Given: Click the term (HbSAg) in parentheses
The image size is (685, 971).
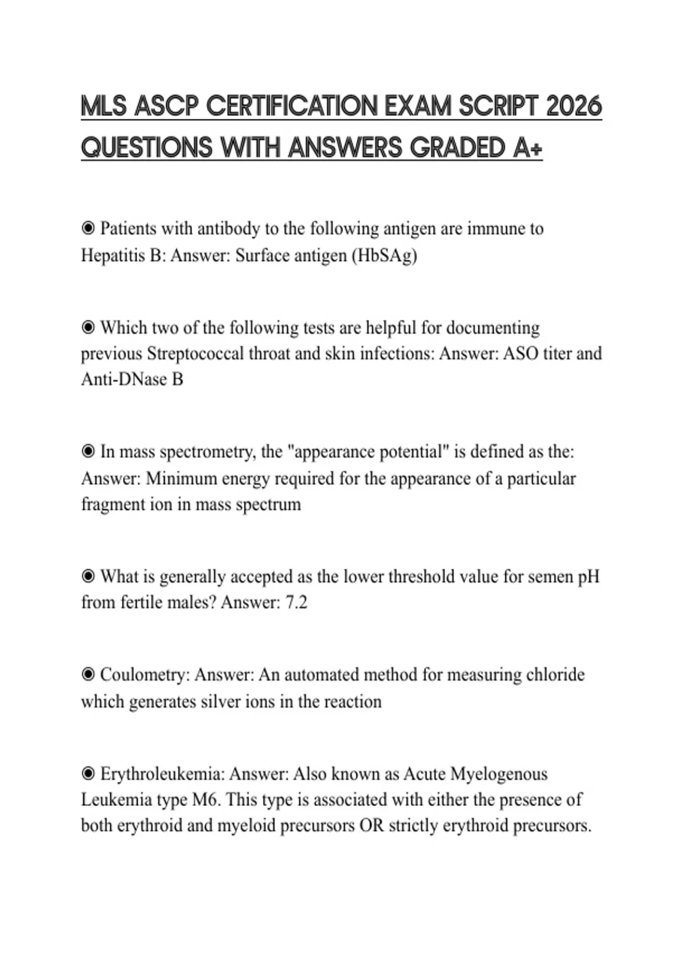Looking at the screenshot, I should coord(384,255).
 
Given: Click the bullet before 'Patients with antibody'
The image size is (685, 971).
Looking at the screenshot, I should coord(88,228).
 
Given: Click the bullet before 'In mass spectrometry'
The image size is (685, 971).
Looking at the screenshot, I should coord(88,452).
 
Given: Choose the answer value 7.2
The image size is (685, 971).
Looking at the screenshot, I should coord(296,603).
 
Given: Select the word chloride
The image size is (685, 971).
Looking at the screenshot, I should coord(555,675).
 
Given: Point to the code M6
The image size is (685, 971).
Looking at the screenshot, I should coord(205,800).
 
